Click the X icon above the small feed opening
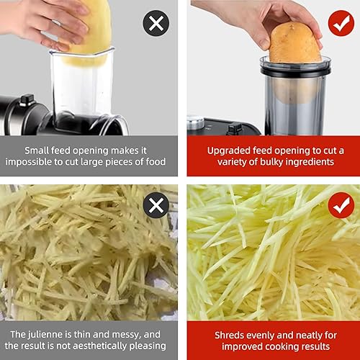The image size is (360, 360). [x=156, y=24]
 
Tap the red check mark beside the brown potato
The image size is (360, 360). [x=341, y=24]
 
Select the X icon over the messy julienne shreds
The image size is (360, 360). [x=156, y=206]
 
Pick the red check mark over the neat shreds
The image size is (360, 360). [x=341, y=206]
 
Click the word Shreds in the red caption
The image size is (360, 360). [x=231, y=334]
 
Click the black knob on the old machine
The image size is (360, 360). [x=27, y=99]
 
